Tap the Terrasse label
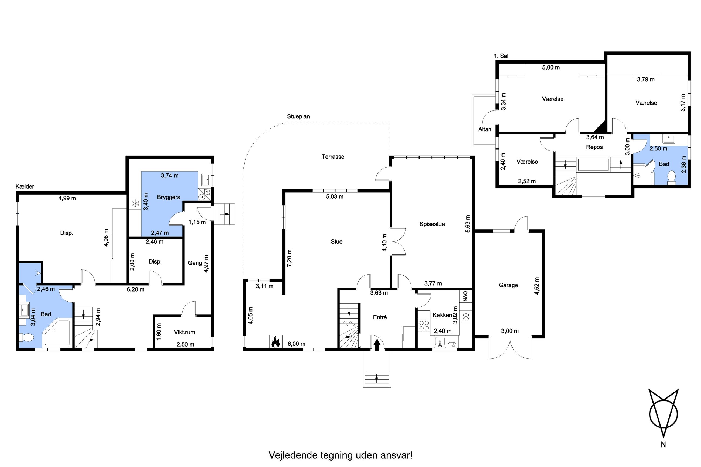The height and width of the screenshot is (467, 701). [x=333, y=157]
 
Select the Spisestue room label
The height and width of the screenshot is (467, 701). [x=432, y=224]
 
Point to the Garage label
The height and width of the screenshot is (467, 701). [x=508, y=285]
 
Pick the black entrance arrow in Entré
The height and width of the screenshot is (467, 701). [x=377, y=345]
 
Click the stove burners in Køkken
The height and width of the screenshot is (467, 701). [x=424, y=325]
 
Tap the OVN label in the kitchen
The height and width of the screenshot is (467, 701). [x=466, y=296]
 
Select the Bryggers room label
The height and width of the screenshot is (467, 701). [x=168, y=197]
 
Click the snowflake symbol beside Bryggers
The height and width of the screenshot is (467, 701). [x=136, y=204]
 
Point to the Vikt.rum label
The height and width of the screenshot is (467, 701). [x=184, y=332]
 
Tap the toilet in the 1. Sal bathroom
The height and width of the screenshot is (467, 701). [x=672, y=176]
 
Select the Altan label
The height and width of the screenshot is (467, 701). [x=484, y=129]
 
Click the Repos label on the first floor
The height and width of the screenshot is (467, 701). [x=594, y=147]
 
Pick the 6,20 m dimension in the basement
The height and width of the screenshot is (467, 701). [x=136, y=289]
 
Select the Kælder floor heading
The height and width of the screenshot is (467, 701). [x=25, y=186]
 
